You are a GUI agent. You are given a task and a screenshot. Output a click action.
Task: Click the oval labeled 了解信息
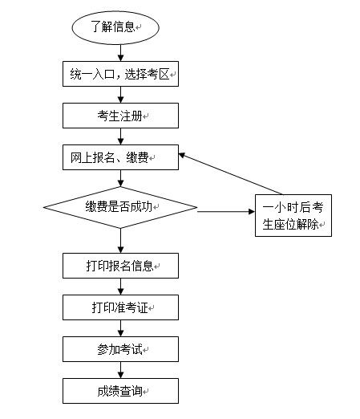pyautogui.click(x=115, y=27)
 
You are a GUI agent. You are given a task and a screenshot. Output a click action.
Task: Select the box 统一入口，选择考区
pyautogui.click(x=120, y=74)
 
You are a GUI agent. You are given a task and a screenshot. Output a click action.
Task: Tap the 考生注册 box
pyautogui.click(x=120, y=116)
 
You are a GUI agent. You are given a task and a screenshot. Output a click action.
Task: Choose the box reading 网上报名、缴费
pyautogui.click(x=120, y=157)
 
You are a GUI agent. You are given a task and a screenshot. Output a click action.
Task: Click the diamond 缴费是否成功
pyautogui.click(x=120, y=207)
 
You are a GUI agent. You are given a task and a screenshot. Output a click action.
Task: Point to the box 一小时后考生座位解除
pyautogui.click(x=293, y=215)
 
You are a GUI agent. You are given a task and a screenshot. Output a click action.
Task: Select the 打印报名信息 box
pyautogui.click(x=120, y=266)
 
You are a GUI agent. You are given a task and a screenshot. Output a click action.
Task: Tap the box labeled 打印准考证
pyautogui.click(x=120, y=307)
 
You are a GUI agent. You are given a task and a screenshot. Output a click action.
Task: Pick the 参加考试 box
pyautogui.click(x=120, y=349)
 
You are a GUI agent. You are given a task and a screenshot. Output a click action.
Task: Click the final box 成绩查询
pyautogui.click(x=120, y=391)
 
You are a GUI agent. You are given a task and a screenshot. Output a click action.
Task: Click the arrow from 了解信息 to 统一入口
pyautogui.click(x=121, y=53)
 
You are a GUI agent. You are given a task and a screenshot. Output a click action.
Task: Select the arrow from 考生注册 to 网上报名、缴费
pyautogui.click(x=121, y=136)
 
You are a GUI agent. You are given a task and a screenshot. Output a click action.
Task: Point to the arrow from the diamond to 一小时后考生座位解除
pyautogui.click(x=226, y=212)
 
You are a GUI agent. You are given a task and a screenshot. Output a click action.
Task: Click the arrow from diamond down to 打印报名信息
pyautogui.click(x=121, y=241)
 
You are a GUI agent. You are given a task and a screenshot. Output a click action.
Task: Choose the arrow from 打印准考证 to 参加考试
pyautogui.click(x=121, y=328)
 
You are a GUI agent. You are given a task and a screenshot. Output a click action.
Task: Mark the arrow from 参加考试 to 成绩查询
pyautogui.click(x=121, y=370)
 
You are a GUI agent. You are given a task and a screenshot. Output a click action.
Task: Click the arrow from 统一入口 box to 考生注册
pyautogui.click(x=121, y=95)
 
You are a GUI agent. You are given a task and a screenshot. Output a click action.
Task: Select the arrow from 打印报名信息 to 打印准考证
pyautogui.click(x=121, y=287)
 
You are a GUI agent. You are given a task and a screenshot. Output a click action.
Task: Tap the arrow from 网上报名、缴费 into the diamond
pyautogui.click(x=121, y=178)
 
